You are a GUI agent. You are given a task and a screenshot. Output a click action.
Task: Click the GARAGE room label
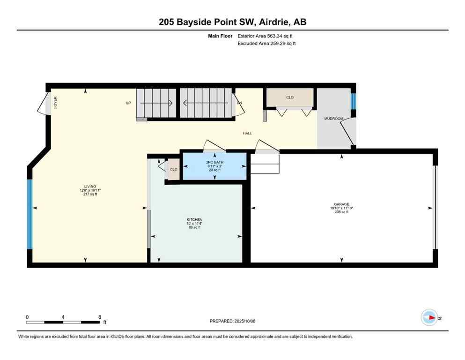(341, 204)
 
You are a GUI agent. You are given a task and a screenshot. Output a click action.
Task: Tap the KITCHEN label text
(194, 219)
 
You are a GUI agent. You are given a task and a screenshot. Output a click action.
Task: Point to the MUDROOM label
(334, 119)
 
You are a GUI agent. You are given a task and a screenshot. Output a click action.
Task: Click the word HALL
(247, 133)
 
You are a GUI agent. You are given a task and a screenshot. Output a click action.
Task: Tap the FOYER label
(55, 103)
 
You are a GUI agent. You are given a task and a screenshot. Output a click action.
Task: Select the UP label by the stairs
(128, 103)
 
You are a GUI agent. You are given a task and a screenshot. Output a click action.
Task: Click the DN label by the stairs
(239, 103)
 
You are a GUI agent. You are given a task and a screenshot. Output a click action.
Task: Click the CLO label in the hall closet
(290, 97)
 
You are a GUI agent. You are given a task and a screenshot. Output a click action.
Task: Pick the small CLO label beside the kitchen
(173, 169)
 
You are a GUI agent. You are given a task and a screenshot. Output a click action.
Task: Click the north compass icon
(429, 317)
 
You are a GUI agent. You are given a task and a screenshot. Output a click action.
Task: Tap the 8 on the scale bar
(100, 317)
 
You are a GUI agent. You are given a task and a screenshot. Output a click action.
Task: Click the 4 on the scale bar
(63, 317)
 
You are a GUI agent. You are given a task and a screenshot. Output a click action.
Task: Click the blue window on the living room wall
(30, 214)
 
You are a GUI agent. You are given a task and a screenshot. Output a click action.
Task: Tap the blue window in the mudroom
(354, 100)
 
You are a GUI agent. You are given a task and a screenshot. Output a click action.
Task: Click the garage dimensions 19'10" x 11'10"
(341, 208)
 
